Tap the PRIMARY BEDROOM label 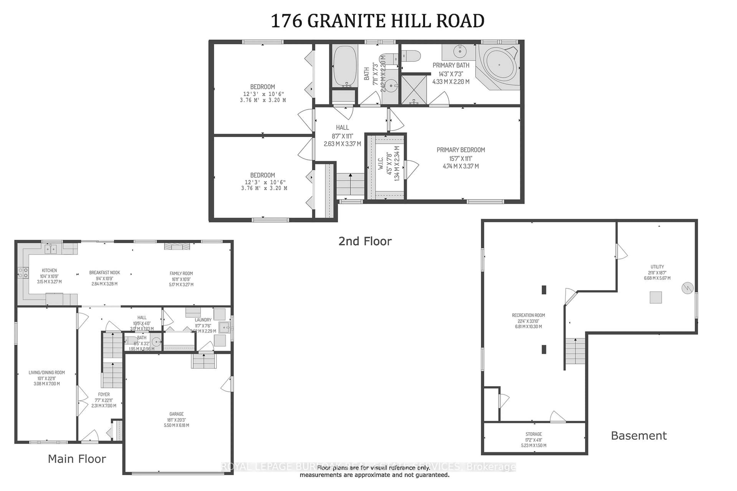(x=461, y=150)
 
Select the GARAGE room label (x=176, y=414)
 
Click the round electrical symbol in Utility (x=687, y=288)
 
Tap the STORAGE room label (x=534, y=434)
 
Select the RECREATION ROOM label (x=528, y=315)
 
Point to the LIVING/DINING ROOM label (x=47, y=373)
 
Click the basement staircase (x=575, y=351)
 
